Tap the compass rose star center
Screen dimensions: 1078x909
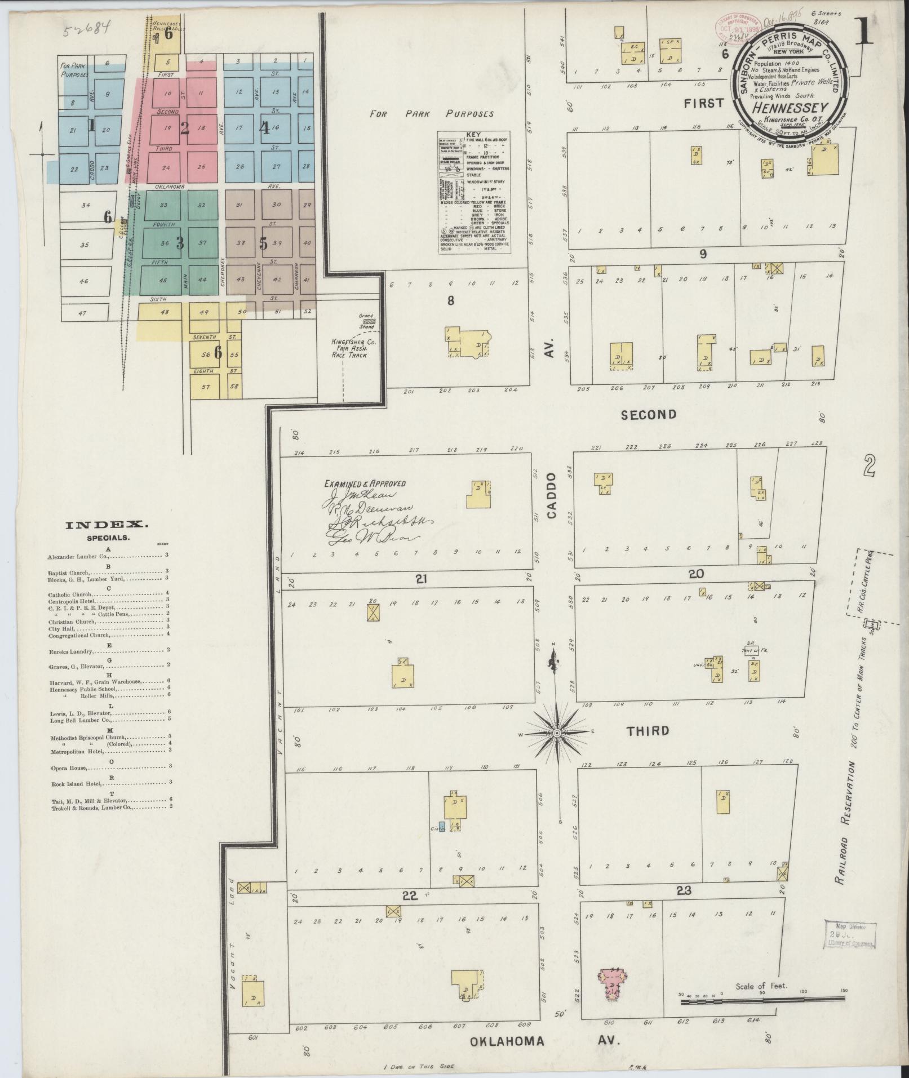(556, 733)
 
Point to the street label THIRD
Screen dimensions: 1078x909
(648, 731)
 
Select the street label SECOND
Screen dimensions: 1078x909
(648, 415)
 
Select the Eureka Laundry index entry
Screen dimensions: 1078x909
(70, 650)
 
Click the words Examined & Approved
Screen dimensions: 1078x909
(364, 483)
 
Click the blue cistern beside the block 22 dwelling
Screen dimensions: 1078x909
(442, 826)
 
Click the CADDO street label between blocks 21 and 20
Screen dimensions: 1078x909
(552, 496)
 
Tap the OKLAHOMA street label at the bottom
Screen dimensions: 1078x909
(508, 1041)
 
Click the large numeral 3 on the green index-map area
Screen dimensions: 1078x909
(180, 243)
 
